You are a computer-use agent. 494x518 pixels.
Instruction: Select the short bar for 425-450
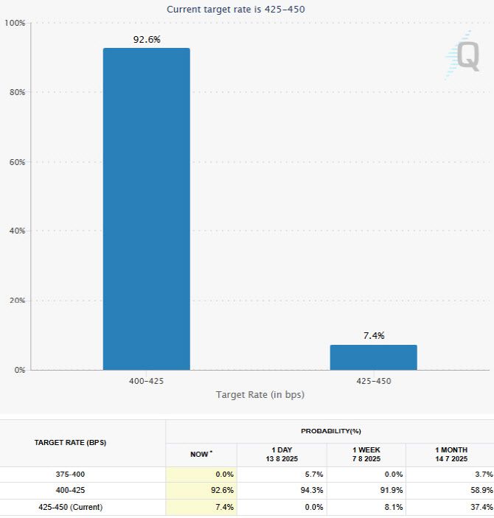tap(373, 357)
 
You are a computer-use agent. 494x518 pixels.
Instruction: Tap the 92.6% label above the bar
tap(146, 40)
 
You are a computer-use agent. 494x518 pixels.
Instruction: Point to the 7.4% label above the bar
tap(374, 336)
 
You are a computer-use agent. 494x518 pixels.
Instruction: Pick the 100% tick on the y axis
tap(15, 24)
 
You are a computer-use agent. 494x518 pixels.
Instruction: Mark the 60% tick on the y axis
tap(16, 162)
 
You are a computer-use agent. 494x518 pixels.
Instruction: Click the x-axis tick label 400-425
tap(146, 381)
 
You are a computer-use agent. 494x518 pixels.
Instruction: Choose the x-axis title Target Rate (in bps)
tap(260, 395)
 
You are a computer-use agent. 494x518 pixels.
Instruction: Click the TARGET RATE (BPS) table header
tap(69, 443)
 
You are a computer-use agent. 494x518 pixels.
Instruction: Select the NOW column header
tap(201, 454)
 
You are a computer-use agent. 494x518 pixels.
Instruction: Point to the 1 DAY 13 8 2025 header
tap(282, 454)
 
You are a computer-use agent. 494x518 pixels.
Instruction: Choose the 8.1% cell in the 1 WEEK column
tap(391, 507)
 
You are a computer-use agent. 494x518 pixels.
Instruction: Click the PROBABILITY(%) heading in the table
tap(330, 431)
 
